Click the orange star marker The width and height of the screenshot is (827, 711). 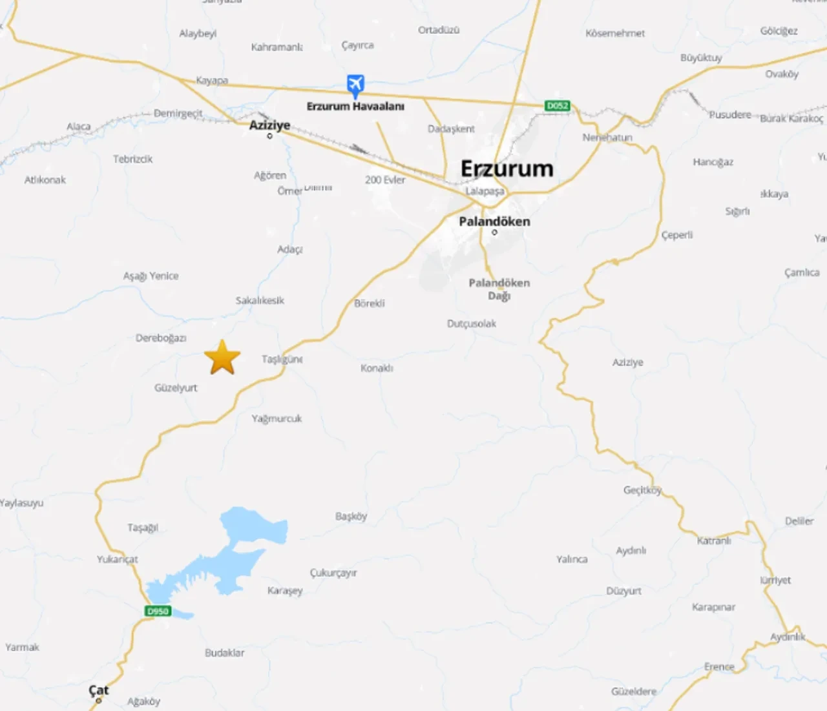[x=222, y=358]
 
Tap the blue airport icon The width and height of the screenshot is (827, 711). [x=355, y=85]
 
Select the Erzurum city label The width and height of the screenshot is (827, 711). [x=507, y=169]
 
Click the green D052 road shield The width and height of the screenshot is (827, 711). [x=557, y=105]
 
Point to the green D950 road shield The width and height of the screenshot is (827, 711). [x=158, y=611]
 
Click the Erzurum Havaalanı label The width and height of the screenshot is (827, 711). [x=355, y=107]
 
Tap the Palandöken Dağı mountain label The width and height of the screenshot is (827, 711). [x=499, y=289]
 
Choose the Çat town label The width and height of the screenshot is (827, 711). [x=99, y=690]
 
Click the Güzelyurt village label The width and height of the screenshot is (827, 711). [x=176, y=387]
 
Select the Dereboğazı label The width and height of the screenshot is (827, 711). [x=161, y=338]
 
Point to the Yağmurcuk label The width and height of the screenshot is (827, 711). [x=277, y=418]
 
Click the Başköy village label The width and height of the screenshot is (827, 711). [x=351, y=516]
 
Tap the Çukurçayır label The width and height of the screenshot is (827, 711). [x=333, y=573]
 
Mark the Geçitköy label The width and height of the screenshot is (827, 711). [x=642, y=490]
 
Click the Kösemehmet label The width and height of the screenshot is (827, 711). [x=614, y=33]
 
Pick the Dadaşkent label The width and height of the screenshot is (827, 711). [x=451, y=129]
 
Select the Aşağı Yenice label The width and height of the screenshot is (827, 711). [x=151, y=276]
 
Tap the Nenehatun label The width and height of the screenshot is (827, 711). [x=607, y=138]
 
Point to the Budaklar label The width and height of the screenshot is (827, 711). [x=224, y=653]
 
